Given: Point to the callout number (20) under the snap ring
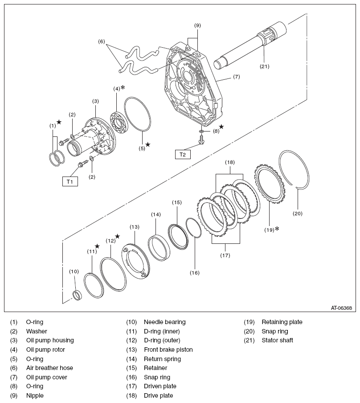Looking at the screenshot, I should pyautogui.click(x=297, y=213).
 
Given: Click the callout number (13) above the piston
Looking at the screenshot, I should pyautogui.click(x=135, y=227).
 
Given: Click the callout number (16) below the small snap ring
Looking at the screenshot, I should pyautogui.click(x=194, y=272).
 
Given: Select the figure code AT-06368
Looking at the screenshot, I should pyautogui.click(x=341, y=308).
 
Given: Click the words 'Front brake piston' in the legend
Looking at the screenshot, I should pyautogui.click(x=168, y=350).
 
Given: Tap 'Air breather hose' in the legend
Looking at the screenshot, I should pyautogui.click(x=49, y=368).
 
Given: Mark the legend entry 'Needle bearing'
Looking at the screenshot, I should pyautogui.click(x=164, y=322).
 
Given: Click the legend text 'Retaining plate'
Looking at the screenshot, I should pyautogui.click(x=282, y=322).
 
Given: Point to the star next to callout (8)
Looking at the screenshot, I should pyautogui.click(x=221, y=127).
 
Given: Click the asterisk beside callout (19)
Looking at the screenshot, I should pyautogui.click(x=277, y=229).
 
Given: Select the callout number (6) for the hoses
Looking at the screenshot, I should pyautogui.click(x=102, y=41).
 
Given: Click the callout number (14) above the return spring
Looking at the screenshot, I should pyautogui.click(x=155, y=214).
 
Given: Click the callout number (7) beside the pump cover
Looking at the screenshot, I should pyautogui.click(x=236, y=76).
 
